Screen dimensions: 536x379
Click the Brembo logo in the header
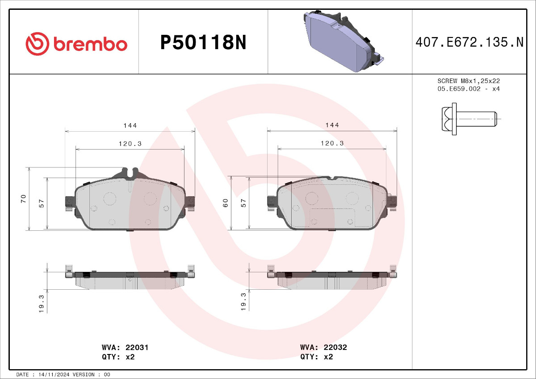click(x=76, y=44)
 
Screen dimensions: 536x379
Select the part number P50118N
click(x=203, y=42)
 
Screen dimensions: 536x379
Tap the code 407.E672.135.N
click(x=469, y=42)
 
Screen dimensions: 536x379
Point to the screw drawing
click(x=469, y=119)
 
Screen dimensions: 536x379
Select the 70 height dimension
click(x=23, y=199)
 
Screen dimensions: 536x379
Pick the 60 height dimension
click(x=226, y=203)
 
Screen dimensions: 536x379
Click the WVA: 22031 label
click(x=125, y=347)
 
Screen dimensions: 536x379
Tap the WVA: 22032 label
click(x=323, y=347)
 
